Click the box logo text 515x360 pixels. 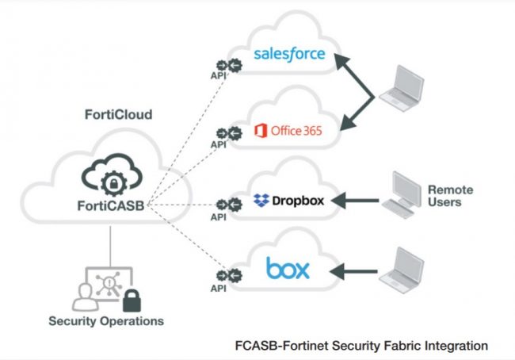point(288,268)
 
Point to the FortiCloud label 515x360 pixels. point(118,114)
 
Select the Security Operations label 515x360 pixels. point(106,321)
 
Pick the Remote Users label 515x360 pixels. point(450,196)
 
